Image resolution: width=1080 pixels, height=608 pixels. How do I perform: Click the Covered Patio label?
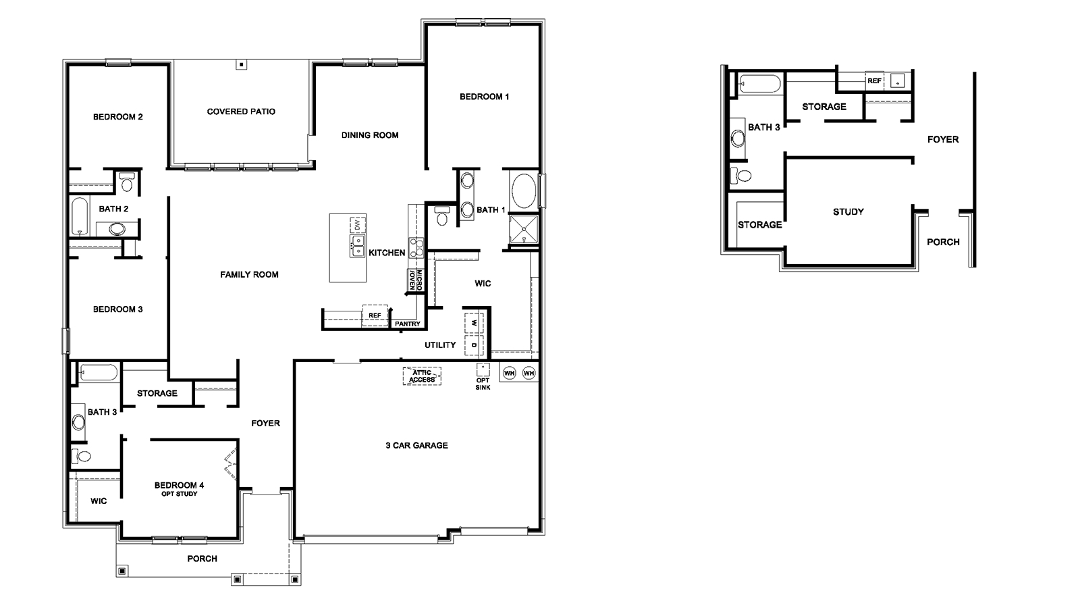click(x=241, y=111)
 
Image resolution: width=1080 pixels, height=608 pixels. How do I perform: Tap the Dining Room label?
click(x=370, y=135)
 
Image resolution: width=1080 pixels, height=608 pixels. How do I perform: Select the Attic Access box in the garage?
click(x=422, y=376)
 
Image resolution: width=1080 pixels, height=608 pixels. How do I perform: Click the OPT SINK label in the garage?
click(x=483, y=384)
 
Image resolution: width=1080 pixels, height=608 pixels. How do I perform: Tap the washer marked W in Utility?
click(x=474, y=322)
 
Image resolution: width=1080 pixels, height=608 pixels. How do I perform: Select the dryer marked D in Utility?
click(x=474, y=345)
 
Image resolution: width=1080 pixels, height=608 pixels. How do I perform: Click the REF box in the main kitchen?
click(x=375, y=315)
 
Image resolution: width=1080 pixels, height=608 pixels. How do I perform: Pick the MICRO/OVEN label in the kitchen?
click(x=415, y=280)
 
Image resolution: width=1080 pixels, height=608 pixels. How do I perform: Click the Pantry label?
click(x=408, y=324)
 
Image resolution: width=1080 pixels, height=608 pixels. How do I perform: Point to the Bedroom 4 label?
click(x=179, y=485)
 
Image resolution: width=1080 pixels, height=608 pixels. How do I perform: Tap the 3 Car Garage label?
click(x=416, y=445)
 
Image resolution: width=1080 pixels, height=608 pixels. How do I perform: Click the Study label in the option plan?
click(x=848, y=211)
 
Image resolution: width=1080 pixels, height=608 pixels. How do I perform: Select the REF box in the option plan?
click(x=874, y=80)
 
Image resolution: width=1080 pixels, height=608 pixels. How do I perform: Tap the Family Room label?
click(x=249, y=274)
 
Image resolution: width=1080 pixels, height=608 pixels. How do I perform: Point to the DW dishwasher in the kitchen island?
click(x=356, y=224)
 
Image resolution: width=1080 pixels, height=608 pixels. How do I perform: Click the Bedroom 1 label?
click(x=484, y=97)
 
